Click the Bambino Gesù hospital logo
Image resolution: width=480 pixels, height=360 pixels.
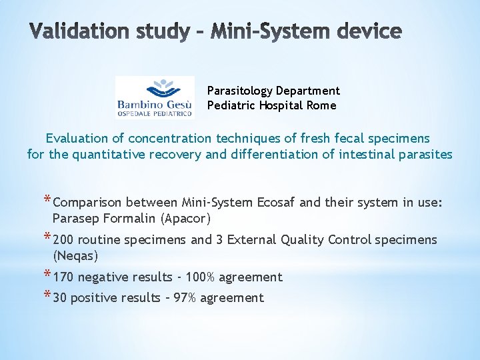(x=155, y=97)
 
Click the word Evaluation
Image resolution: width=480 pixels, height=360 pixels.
(x=76, y=139)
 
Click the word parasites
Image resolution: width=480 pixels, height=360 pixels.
(x=424, y=155)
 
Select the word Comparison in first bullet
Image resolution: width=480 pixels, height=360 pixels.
(x=87, y=203)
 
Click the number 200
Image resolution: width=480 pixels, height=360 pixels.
(x=63, y=240)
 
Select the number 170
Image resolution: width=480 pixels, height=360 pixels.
(x=63, y=277)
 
